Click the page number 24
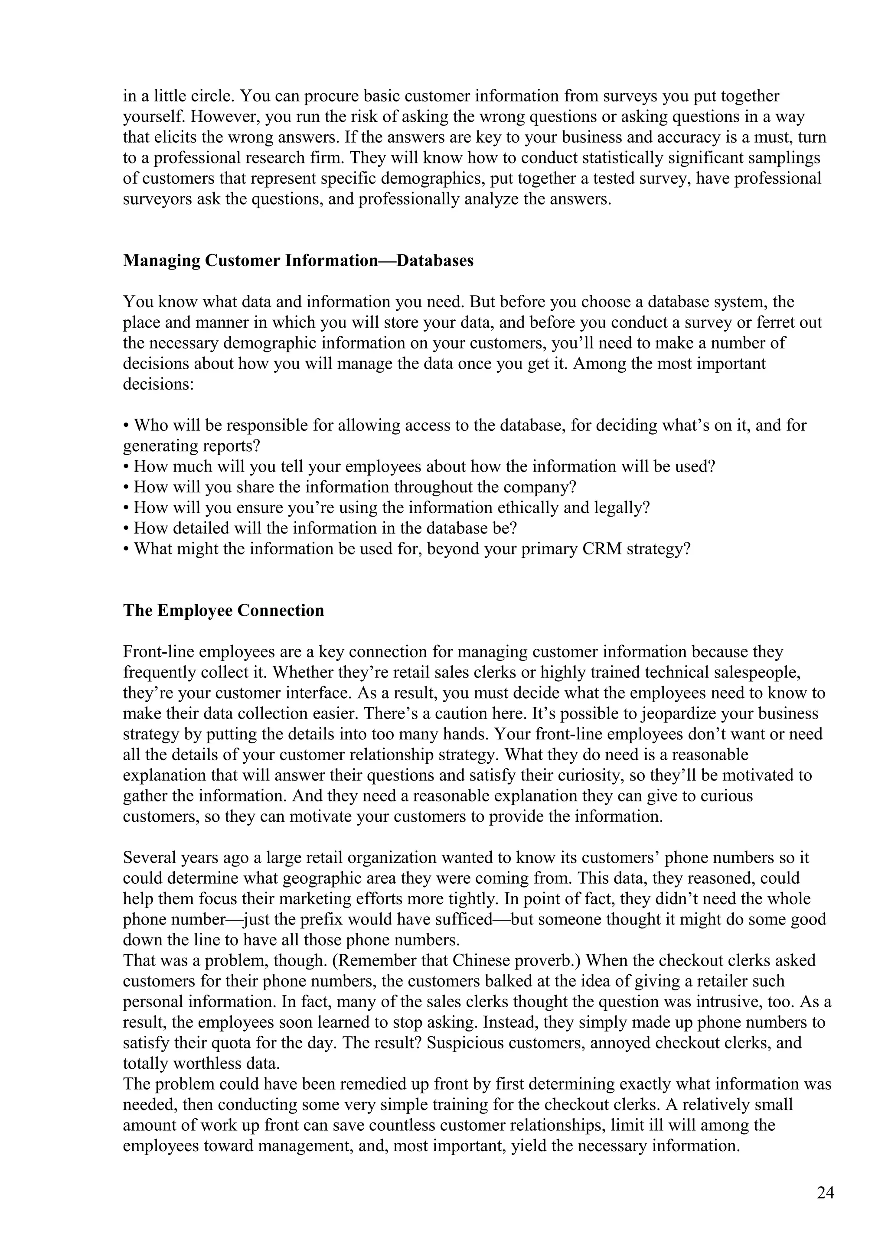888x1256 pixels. pos(825,1193)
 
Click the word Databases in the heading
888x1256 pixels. pos(435,260)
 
